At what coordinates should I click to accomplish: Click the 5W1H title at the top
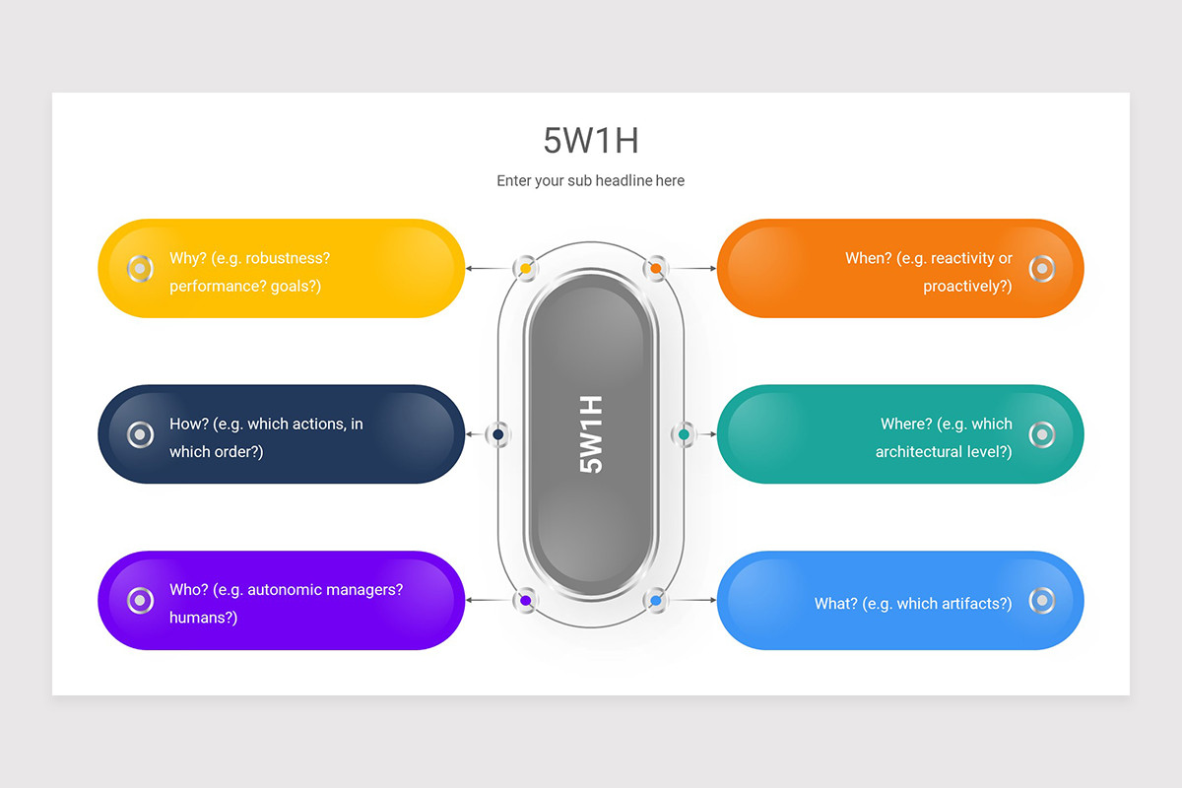click(591, 141)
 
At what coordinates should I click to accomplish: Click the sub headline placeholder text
click(591, 181)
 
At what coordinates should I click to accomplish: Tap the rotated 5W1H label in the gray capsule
click(591, 434)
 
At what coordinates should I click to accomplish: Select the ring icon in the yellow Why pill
click(141, 268)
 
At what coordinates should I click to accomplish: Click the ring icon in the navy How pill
click(141, 434)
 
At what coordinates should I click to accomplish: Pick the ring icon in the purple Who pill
click(141, 600)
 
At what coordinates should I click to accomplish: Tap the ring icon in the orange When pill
click(1041, 268)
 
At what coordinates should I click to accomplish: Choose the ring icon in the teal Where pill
click(1041, 434)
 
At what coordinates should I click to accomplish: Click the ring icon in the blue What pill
click(1041, 600)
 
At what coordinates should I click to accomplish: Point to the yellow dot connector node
click(526, 268)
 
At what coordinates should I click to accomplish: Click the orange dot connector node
click(656, 268)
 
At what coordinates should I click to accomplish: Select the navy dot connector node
click(498, 434)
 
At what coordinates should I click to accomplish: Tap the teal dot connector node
click(684, 434)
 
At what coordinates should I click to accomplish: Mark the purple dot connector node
click(526, 600)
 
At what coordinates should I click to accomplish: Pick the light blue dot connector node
click(656, 600)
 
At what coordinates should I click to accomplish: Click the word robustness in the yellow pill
click(288, 258)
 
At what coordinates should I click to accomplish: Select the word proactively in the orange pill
click(965, 287)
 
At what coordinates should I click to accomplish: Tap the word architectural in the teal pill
click(921, 452)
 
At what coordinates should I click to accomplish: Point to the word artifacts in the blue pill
click(972, 604)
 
